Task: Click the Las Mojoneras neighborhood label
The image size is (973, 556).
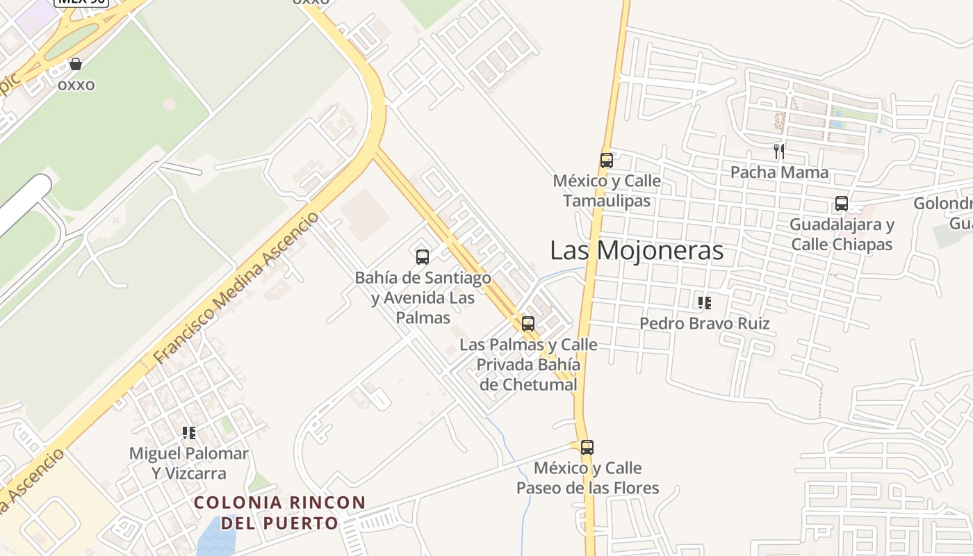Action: point(637,251)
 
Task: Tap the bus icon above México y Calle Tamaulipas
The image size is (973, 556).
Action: point(607,161)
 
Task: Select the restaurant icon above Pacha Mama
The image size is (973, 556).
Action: point(779,151)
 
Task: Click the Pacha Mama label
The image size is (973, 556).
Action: point(779,172)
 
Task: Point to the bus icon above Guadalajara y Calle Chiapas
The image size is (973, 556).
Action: point(842,204)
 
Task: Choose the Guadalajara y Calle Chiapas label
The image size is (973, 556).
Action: point(842,235)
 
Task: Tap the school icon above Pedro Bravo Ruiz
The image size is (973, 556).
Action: point(705,303)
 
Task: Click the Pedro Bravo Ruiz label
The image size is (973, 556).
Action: point(705,324)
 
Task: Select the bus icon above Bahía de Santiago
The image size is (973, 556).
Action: point(423,257)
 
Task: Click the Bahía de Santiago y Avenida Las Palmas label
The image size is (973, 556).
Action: point(423,297)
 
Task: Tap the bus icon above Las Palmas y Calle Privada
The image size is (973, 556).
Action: point(528,324)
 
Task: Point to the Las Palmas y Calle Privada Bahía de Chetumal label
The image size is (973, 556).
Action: point(528,364)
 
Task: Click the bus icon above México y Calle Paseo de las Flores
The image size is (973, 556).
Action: point(587,448)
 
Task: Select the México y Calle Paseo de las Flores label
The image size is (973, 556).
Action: point(587,478)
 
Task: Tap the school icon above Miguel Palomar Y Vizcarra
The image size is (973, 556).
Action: point(189,433)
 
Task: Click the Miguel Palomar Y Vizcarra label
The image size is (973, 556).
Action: point(189,464)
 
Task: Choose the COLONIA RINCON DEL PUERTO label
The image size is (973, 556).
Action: point(279,512)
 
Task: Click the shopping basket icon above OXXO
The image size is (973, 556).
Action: point(76,65)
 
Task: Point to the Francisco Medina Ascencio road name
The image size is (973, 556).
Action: point(236,288)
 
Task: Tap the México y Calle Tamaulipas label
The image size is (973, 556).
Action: point(607,191)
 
